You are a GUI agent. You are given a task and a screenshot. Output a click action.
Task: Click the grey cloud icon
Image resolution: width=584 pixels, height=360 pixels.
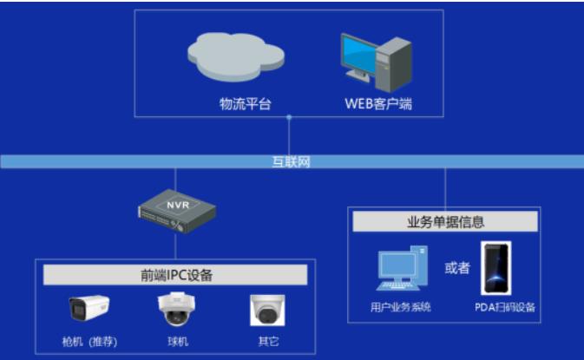click(x=236, y=56)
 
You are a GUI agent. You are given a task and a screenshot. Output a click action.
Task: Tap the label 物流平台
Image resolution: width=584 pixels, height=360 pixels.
click(x=245, y=104)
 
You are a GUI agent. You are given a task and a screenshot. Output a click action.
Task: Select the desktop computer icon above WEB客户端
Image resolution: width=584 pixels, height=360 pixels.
click(x=377, y=62)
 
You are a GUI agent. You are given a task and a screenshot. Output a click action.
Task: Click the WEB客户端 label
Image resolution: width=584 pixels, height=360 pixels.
click(x=378, y=104)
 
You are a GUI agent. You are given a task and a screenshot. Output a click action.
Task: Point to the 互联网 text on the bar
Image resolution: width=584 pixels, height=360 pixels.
click(x=291, y=162)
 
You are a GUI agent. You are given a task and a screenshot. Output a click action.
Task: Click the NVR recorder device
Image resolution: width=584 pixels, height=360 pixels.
click(x=177, y=211)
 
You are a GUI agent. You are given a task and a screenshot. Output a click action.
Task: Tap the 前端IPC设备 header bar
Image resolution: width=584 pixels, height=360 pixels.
click(x=175, y=275)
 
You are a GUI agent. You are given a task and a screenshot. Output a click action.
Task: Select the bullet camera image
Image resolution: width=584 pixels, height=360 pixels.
click(x=89, y=307)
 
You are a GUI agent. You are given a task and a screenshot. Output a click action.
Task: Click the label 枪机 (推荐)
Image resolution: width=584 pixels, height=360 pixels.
click(x=89, y=342)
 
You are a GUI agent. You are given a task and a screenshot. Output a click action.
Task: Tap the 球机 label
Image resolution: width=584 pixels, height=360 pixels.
click(x=178, y=342)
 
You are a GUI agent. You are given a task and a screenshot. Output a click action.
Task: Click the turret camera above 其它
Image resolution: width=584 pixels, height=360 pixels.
click(x=267, y=310)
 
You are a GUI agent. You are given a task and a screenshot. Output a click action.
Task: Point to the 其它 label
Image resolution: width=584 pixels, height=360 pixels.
click(x=268, y=342)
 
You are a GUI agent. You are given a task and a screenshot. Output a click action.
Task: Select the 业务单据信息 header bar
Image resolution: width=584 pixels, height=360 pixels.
click(x=445, y=221)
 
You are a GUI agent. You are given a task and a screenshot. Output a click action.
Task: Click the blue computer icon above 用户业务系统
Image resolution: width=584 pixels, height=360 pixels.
click(x=402, y=268)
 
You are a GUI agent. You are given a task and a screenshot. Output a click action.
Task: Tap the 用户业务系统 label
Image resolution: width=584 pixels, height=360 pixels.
click(x=401, y=307)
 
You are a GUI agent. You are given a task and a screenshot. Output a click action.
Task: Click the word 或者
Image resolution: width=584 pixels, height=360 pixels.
click(x=457, y=268)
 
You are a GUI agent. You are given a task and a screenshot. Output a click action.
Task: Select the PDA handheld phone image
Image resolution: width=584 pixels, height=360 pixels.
click(x=496, y=268)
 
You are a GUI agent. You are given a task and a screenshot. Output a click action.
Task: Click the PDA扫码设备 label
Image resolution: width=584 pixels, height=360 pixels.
click(x=505, y=307)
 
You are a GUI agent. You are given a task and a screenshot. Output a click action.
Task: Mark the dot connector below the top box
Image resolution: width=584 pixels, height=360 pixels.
click(x=289, y=117)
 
